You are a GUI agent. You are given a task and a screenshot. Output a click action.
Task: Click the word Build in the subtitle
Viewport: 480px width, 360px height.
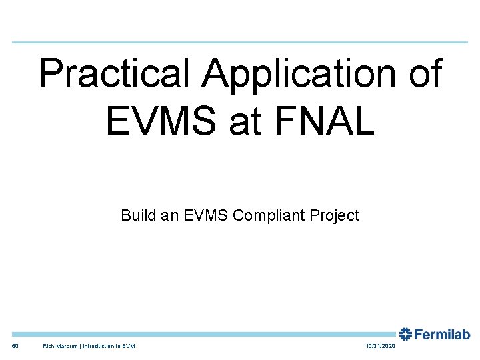(x=136, y=215)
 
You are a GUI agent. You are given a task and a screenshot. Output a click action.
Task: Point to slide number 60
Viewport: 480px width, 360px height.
(x=15, y=346)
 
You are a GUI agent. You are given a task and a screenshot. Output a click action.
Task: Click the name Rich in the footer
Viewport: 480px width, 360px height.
(x=49, y=346)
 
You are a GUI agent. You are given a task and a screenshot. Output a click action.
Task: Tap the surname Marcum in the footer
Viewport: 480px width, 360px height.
(x=68, y=346)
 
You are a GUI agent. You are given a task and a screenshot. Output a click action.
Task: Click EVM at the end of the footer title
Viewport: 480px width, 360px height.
(x=129, y=346)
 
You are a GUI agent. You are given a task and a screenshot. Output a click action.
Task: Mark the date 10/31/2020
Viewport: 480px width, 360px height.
(x=381, y=346)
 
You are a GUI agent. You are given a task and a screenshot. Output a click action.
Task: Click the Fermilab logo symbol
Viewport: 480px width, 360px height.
(x=405, y=334)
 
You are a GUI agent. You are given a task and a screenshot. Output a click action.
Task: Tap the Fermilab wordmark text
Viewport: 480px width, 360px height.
(x=443, y=334)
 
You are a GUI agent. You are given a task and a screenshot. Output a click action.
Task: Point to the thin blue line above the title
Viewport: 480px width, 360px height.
(x=240, y=43)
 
